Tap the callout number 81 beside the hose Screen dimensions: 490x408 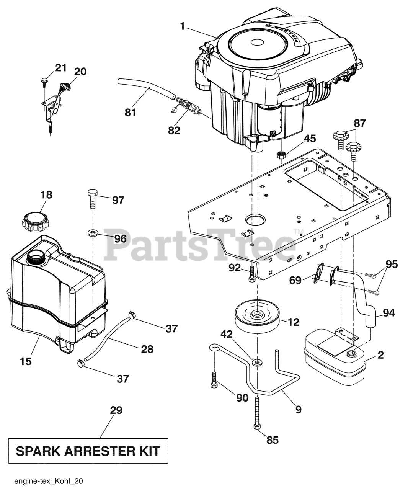[131, 113]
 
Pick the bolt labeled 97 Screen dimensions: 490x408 [92, 198]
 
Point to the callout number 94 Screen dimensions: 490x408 [388, 314]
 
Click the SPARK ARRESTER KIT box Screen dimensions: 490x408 [88, 451]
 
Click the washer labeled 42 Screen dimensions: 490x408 [257, 362]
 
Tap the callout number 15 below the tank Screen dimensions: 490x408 [26, 361]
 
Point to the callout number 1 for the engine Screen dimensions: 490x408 [183, 26]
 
